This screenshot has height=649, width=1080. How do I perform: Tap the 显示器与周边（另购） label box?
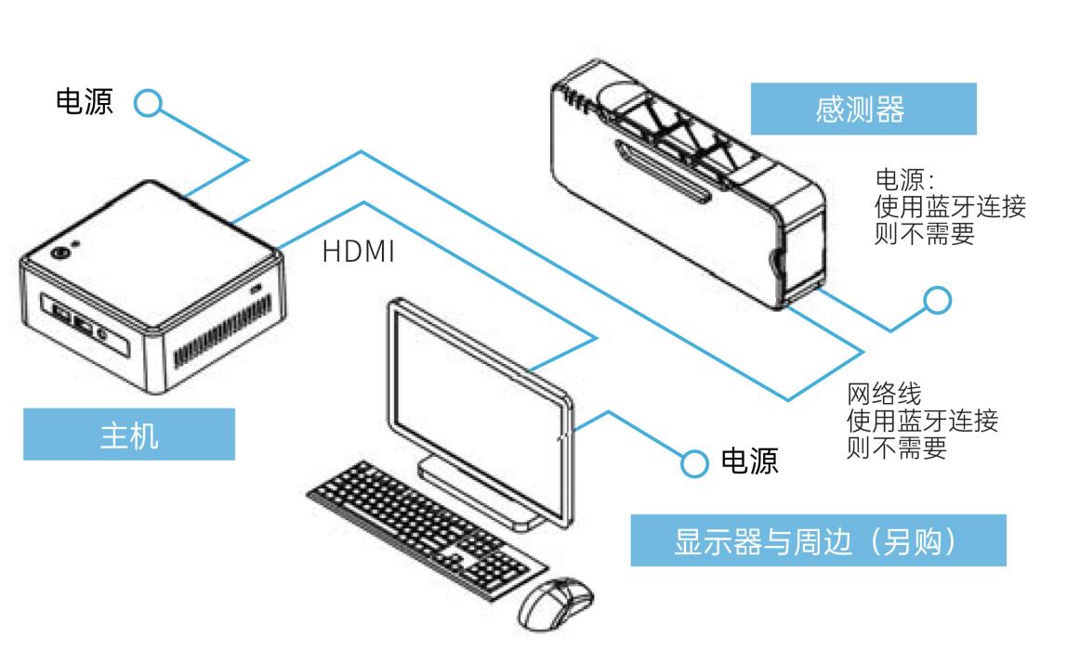818,542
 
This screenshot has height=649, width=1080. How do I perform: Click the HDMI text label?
360,253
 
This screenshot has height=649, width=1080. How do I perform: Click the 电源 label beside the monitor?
750,461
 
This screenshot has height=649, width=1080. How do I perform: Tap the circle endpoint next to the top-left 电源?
148,103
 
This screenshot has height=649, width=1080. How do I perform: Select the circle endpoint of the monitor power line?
693,462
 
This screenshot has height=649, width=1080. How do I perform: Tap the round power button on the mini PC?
61,252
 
